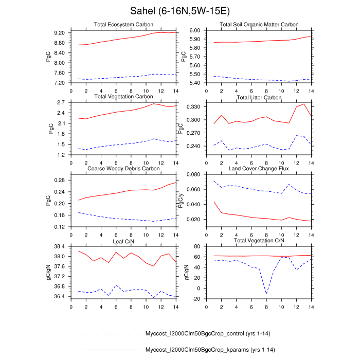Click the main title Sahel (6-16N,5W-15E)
179,11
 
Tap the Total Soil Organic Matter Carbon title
259,25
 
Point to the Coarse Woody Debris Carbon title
123,168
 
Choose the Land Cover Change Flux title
259,168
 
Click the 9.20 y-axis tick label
59,33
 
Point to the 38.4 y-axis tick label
60,246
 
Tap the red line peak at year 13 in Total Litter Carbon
304,104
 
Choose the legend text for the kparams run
198,350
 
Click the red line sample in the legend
111,350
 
